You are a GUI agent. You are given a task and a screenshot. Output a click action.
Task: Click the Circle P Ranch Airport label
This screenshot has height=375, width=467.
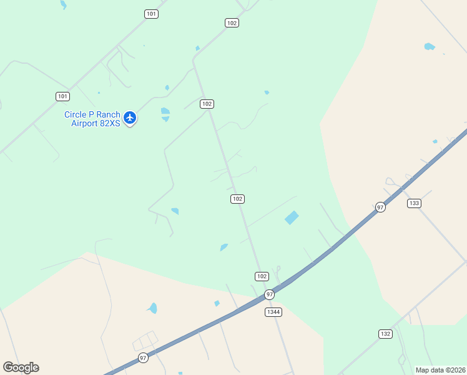[92, 119]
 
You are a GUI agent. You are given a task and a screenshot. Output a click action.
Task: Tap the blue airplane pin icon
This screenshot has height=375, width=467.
[130, 117]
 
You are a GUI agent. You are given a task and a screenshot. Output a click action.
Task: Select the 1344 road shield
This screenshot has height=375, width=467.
[273, 312]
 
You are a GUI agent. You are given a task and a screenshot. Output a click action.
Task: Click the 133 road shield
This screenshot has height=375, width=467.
[414, 203]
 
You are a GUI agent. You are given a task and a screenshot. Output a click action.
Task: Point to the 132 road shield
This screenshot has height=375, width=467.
[385, 334]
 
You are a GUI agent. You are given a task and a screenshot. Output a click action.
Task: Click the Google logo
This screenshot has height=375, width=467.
[21, 367]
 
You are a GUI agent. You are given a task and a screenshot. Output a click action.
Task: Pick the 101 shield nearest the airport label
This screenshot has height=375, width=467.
[62, 96]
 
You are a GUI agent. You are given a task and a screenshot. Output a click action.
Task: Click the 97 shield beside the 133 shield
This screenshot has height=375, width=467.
[380, 207]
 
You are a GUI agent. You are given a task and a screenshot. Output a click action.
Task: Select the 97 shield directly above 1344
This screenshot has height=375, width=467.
[269, 294]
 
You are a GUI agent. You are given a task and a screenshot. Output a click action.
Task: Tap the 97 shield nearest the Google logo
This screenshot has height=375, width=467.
[143, 357]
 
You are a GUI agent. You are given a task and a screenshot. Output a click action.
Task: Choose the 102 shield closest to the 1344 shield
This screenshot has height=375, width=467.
[262, 276]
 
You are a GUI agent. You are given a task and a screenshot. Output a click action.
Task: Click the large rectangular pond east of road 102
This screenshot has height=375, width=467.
[291, 217]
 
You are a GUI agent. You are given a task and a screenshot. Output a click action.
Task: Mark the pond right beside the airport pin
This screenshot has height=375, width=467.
[165, 113]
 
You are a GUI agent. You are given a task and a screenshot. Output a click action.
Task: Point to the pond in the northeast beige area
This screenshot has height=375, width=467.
[429, 46]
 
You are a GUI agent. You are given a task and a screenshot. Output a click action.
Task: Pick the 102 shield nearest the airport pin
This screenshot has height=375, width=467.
[207, 104]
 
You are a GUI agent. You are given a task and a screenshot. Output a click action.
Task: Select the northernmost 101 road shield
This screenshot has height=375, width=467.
[151, 14]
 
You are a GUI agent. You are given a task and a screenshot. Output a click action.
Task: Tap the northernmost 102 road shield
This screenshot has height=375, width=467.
[232, 22]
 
